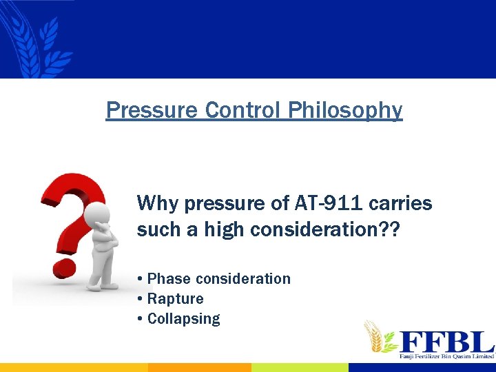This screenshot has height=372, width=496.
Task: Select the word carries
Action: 402,203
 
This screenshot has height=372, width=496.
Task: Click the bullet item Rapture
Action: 174,299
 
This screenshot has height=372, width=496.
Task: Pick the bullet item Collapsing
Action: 183,319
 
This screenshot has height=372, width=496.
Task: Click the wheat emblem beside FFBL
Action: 380,338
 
